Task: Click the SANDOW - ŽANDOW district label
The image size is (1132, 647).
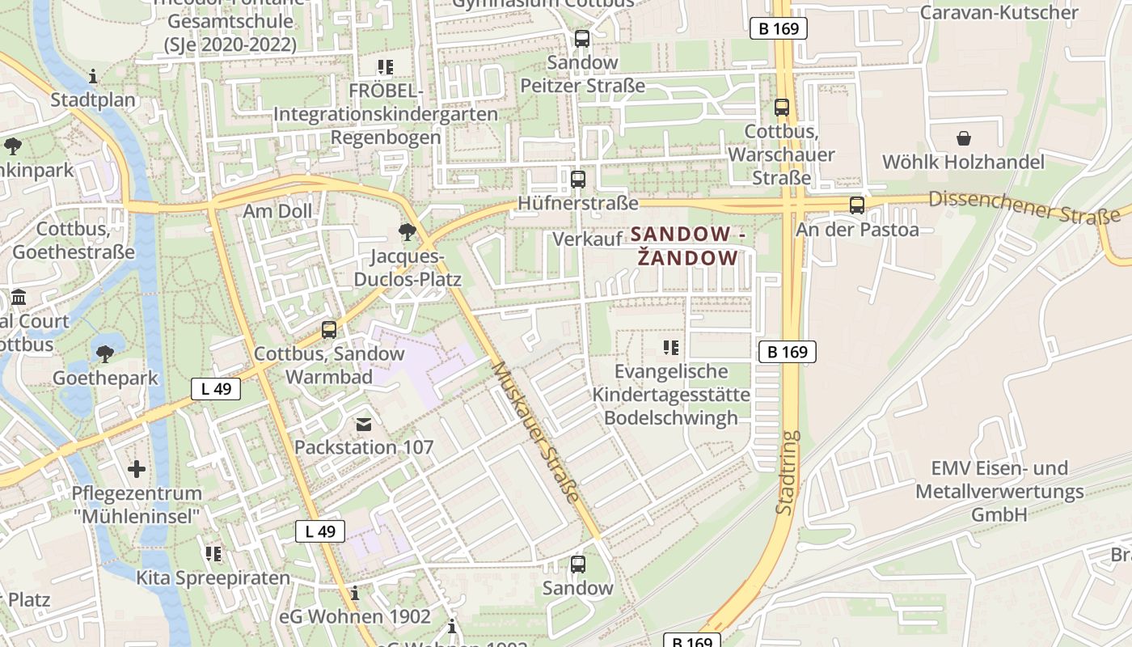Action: point(686,246)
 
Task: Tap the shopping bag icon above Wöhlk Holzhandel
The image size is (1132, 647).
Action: point(963,138)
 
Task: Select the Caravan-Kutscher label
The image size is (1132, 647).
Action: point(999,12)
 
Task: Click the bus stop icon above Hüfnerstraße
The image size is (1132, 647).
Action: point(577,180)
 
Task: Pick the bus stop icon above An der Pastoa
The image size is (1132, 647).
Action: point(857,205)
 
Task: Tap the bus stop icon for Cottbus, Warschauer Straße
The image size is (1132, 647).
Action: point(781,107)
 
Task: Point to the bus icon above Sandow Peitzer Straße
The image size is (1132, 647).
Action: point(581,38)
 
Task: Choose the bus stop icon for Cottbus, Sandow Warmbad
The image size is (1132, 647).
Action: point(328,330)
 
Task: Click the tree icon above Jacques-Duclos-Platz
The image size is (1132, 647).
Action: point(407,233)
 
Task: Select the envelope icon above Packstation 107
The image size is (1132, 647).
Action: point(363,424)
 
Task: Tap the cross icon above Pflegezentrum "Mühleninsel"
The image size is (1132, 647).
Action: point(137,469)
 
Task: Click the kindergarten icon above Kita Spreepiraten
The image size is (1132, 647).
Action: point(213,554)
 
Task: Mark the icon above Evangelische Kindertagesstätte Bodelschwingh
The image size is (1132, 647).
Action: point(670,348)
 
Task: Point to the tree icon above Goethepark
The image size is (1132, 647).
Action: point(104,353)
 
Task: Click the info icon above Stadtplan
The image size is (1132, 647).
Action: point(93,77)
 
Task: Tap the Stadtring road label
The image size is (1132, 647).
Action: point(787,473)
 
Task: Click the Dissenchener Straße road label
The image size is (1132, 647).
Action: point(1023,209)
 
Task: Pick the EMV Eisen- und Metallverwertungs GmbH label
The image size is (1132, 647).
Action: point(999,491)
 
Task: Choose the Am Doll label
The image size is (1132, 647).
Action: point(277,212)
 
